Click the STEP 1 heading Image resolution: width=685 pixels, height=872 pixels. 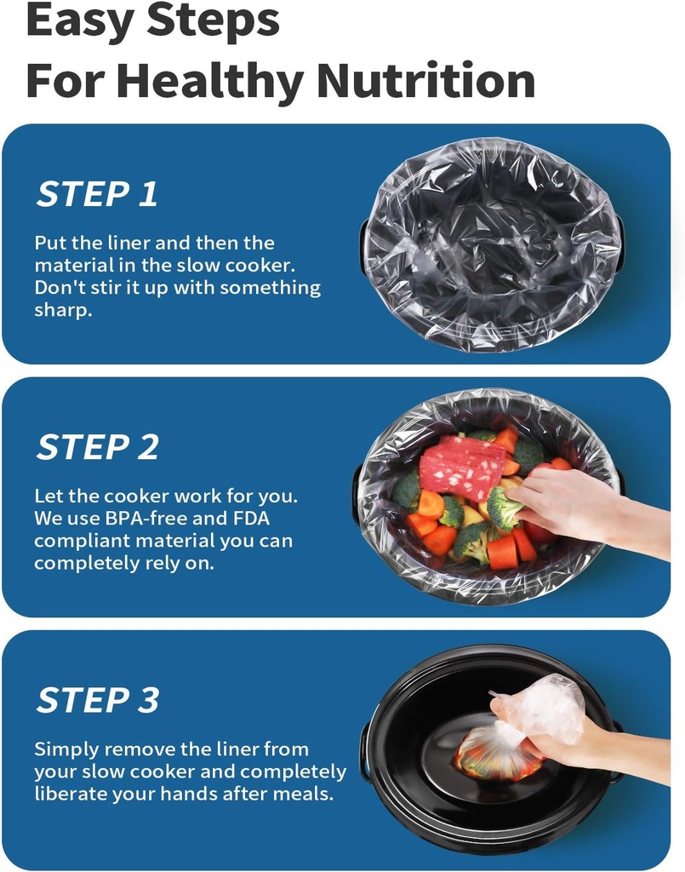tap(97, 194)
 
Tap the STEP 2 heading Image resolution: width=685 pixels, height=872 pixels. tap(97, 447)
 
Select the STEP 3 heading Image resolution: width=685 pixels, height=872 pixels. tap(98, 700)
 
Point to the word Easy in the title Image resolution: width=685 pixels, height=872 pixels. tap(80, 21)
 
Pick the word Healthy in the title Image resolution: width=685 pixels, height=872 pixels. tap(212, 81)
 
